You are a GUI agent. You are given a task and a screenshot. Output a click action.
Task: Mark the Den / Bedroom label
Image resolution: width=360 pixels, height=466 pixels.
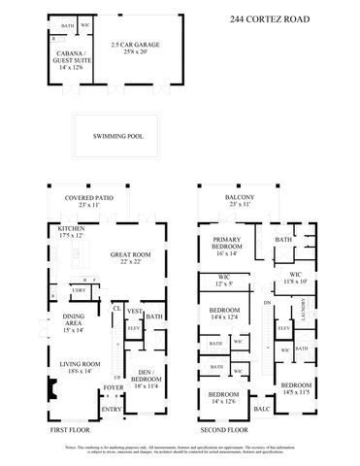[x=147, y=379]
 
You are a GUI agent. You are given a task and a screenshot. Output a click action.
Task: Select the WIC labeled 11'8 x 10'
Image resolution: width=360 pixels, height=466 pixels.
[x=297, y=279]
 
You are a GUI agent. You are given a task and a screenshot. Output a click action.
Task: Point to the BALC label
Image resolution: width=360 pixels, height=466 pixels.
[x=260, y=410]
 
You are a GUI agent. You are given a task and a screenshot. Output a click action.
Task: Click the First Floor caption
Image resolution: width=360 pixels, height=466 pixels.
[x=72, y=428]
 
